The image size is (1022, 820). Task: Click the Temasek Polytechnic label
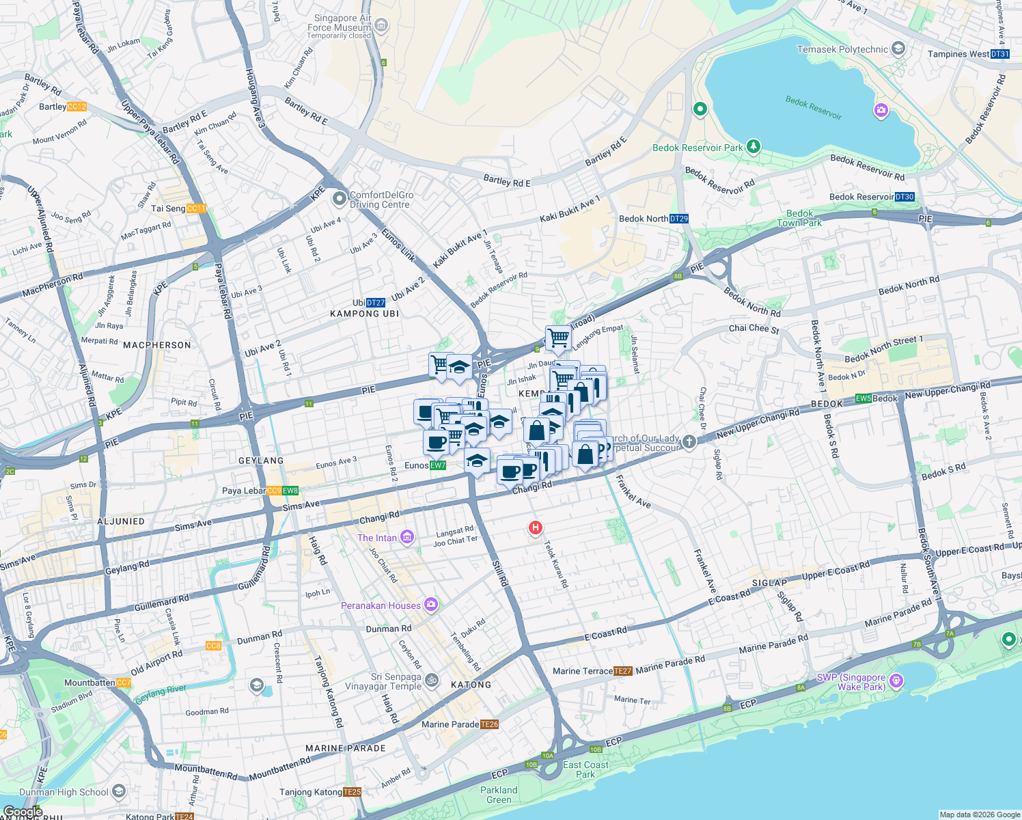(842, 49)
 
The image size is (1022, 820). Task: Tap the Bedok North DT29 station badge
(679, 219)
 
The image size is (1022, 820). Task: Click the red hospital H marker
(536, 528)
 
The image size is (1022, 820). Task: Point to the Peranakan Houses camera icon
(431, 605)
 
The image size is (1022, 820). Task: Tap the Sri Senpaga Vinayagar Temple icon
(432, 680)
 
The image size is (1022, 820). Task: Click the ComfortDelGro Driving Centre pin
(340, 199)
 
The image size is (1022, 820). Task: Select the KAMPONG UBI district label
(364, 314)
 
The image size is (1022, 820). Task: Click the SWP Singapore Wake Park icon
(897, 681)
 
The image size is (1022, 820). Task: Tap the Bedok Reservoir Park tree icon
(754, 146)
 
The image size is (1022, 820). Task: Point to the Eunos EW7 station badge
(437, 465)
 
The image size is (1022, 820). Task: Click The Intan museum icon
(407, 537)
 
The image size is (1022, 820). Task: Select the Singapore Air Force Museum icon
(381, 27)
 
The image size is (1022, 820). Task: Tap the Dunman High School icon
(120, 791)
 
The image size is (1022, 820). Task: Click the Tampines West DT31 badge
(999, 54)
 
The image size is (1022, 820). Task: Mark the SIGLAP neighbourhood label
(770, 583)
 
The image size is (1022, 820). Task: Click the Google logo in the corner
(23, 812)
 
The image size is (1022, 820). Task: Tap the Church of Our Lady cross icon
(689, 441)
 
